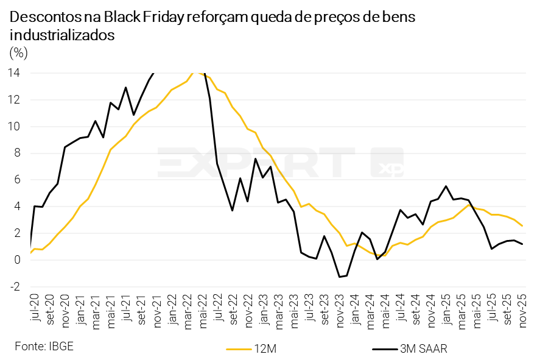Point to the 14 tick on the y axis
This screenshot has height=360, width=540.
click(15, 73)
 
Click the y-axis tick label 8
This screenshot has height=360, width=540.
click(18, 153)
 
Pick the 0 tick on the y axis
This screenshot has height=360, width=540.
click(18, 260)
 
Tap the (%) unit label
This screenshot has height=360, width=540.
click(18, 53)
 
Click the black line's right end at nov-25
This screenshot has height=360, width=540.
click(522, 244)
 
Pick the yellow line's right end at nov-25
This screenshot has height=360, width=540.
click(522, 226)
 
